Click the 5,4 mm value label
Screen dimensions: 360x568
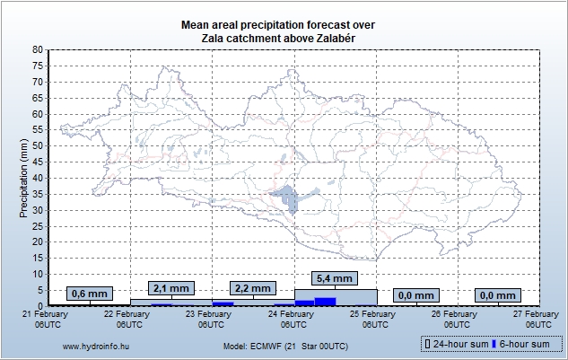[x=336, y=278]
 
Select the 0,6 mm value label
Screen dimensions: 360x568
[x=89, y=294]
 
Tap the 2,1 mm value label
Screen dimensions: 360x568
[x=170, y=288]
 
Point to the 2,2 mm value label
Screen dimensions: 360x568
[x=252, y=288]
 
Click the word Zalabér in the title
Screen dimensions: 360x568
[x=319, y=38]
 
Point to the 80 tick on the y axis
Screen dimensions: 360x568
[x=38, y=50]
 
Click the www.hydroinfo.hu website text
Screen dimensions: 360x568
[x=97, y=345]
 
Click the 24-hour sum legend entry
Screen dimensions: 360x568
[x=462, y=344]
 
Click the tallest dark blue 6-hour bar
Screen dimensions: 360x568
[x=325, y=302]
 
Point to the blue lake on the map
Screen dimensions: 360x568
[x=288, y=198]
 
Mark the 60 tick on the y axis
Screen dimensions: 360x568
[x=38, y=114]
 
